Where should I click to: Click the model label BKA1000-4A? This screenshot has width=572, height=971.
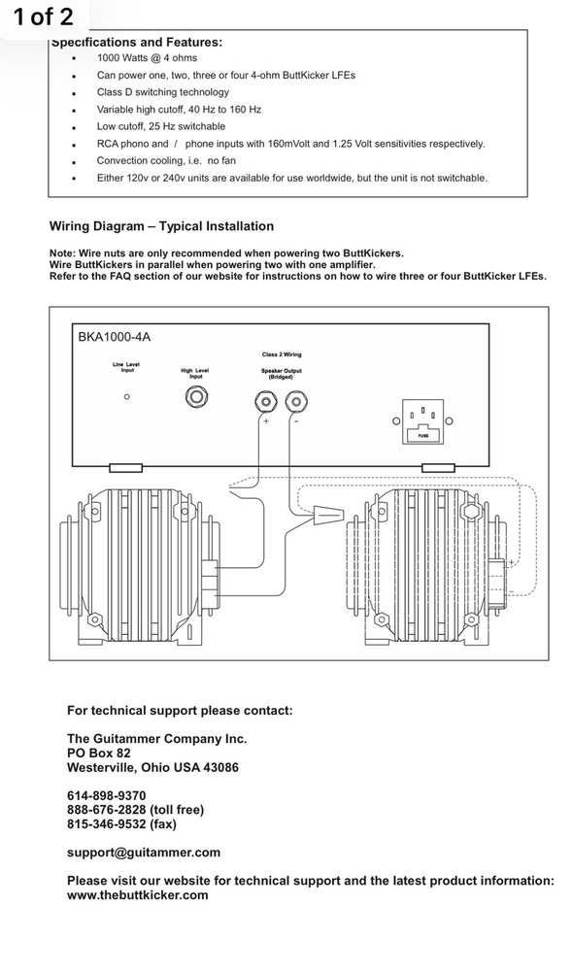pos(114,338)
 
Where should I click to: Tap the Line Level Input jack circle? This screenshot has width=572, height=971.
pos(127,397)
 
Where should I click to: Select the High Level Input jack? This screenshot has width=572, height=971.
pos(196,396)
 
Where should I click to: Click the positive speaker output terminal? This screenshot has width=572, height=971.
pos(266,402)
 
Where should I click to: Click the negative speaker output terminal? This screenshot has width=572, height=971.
pos(296,402)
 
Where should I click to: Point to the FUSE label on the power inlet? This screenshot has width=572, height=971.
pos(422,436)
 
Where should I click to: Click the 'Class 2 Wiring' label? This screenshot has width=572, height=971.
pos(282,354)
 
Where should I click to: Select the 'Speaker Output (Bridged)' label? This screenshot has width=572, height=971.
pos(281,374)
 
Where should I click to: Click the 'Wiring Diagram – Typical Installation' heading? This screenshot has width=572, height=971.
pos(161,226)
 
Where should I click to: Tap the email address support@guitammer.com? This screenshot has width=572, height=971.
pos(144,853)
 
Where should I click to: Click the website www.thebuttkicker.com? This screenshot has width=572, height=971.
pos(138,895)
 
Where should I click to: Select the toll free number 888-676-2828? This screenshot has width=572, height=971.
pos(107,810)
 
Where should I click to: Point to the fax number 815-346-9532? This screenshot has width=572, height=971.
pos(107,824)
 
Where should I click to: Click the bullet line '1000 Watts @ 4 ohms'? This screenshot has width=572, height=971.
pos(147,58)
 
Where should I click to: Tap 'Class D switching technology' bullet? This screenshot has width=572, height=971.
pos(163,92)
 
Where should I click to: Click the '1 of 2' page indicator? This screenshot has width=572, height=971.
pos(44,17)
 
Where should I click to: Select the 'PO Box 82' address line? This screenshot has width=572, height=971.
pos(99,753)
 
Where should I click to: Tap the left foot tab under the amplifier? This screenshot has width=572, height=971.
pos(125,468)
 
